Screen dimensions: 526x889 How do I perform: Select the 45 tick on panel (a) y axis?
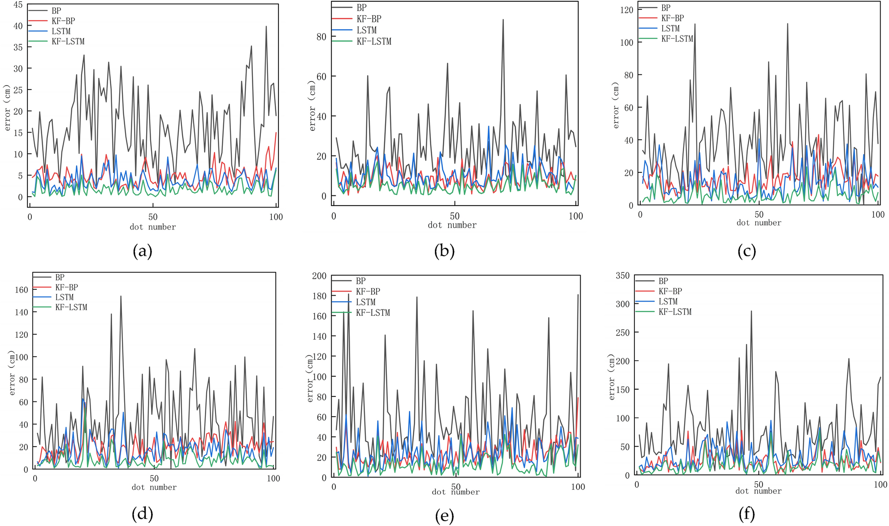(17, 5)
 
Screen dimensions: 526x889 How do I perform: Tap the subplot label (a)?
(143, 251)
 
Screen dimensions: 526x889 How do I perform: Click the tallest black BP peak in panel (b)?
(503, 20)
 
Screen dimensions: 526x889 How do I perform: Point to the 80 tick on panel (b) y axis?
(321, 37)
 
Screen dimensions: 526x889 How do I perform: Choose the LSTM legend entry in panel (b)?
(366, 30)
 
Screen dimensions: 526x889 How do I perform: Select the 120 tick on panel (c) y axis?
(627, 10)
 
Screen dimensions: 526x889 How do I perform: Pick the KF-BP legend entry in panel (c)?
(672, 18)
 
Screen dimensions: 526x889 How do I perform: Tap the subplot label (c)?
(746, 251)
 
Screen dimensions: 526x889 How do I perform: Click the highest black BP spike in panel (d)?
(121, 296)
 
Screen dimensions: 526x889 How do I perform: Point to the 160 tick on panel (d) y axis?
(22, 290)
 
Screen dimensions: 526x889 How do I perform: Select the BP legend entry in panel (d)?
(60, 278)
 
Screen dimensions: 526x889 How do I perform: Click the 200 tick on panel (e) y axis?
(319, 276)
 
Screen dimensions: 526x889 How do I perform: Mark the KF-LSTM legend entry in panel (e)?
(373, 313)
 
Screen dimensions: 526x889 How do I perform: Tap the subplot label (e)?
(444, 516)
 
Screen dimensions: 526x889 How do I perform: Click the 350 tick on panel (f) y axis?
(623, 276)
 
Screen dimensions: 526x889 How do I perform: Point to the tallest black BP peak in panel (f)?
(751, 311)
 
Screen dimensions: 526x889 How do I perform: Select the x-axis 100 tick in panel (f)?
(880, 484)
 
